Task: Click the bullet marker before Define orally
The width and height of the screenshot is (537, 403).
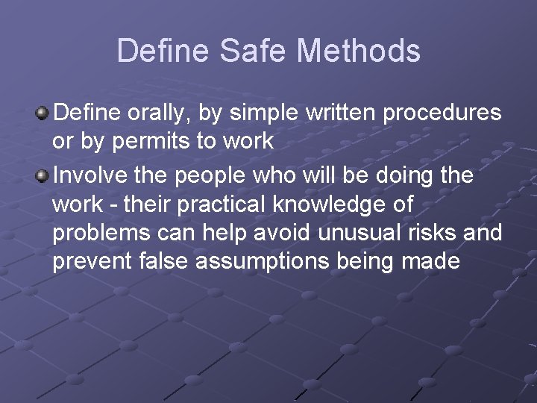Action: click(43, 113)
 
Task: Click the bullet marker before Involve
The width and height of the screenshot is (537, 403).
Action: click(43, 175)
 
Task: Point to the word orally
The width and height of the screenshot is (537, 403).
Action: click(169, 113)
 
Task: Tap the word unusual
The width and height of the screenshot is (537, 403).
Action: click(350, 233)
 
